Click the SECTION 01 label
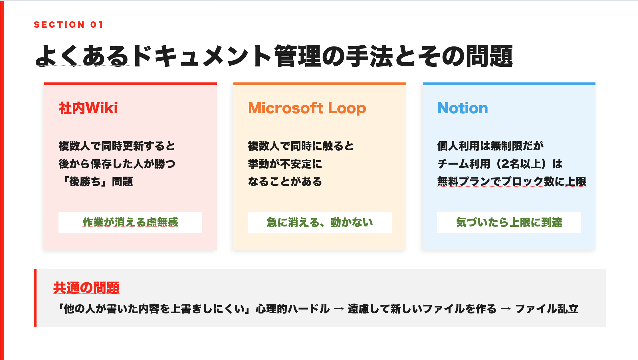(68, 25)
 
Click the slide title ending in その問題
(274, 56)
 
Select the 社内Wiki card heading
(88, 108)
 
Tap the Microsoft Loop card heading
(307, 108)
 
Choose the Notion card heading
(463, 108)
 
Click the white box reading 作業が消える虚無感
(130, 223)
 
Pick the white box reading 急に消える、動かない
(320, 223)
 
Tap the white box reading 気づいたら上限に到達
(509, 223)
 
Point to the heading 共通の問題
(86, 288)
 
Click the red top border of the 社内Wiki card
(130, 84)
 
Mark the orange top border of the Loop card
(320, 84)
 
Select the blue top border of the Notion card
(509, 84)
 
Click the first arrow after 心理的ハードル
(339, 309)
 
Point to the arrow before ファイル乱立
(506, 309)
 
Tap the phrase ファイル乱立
(547, 309)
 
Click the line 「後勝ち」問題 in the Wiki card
(96, 181)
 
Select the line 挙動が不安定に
(285, 164)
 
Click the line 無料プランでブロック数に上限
(512, 181)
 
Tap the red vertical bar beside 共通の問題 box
(35, 298)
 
